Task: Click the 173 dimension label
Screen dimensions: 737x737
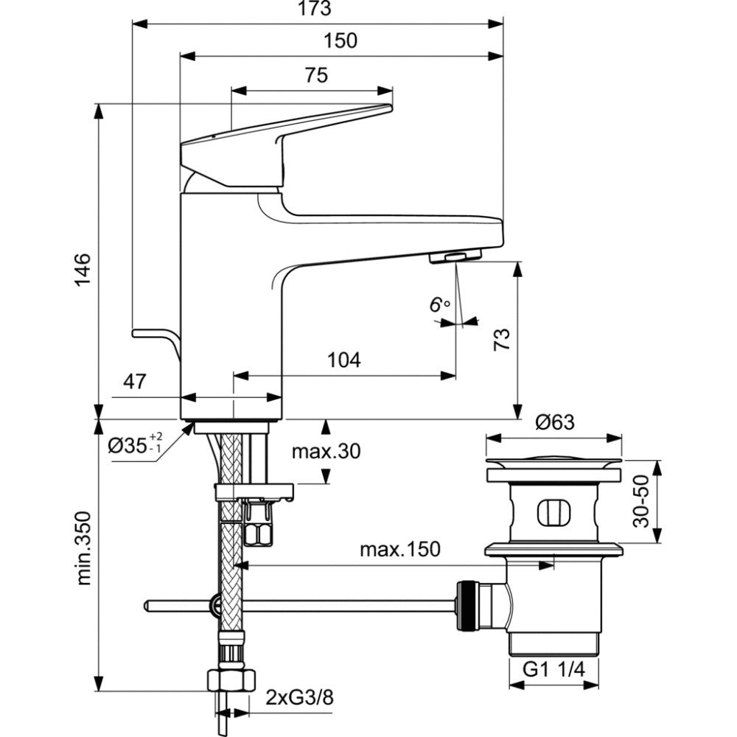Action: [x=315, y=8]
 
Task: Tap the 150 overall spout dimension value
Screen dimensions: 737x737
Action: [x=340, y=41]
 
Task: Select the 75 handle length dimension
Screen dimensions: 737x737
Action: [x=316, y=75]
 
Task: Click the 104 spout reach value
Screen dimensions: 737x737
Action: [x=344, y=360]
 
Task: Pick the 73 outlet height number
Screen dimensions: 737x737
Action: [x=501, y=339]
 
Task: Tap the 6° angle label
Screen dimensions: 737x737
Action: [x=439, y=304]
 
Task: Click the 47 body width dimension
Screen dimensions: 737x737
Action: [x=135, y=382]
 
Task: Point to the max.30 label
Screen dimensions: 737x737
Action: [x=326, y=451]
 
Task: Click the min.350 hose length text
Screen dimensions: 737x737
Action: [x=83, y=548]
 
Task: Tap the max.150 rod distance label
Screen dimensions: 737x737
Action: [x=400, y=549]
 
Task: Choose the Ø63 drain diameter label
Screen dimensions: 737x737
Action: [x=555, y=422]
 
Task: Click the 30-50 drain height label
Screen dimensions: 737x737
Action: [x=640, y=501]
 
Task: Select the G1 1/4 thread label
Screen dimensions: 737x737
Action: [x=554, y=670]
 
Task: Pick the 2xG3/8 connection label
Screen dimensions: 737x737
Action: [x=299, y=697]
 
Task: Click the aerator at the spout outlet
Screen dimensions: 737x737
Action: [x=455, y=256]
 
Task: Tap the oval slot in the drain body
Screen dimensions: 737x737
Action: [x=554, y=513]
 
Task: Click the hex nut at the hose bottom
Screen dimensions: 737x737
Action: [x=231, y=680]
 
